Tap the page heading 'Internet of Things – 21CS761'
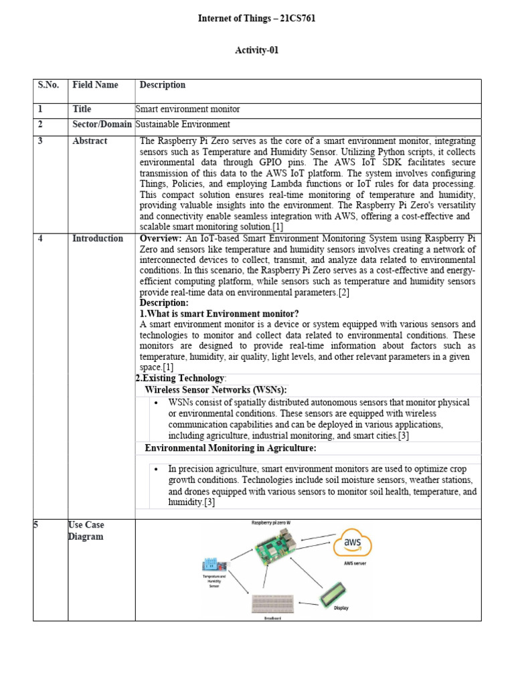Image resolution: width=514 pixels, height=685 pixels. click(256, 19)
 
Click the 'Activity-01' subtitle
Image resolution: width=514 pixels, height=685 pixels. click(256, 50)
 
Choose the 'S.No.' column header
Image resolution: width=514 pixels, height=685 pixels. click(48, 85)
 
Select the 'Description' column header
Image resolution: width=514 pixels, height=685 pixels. click(163, 85)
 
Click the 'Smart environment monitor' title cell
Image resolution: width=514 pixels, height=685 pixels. click(187, 109)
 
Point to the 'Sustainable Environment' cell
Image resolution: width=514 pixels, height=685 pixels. click(183, 124)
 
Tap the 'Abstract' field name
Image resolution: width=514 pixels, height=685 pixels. click(90, 141)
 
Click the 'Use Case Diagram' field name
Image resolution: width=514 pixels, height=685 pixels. click(86, 531)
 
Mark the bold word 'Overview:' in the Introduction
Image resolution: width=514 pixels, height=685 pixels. click(160, 239)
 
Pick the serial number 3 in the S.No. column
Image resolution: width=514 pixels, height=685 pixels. click(40, 141)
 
